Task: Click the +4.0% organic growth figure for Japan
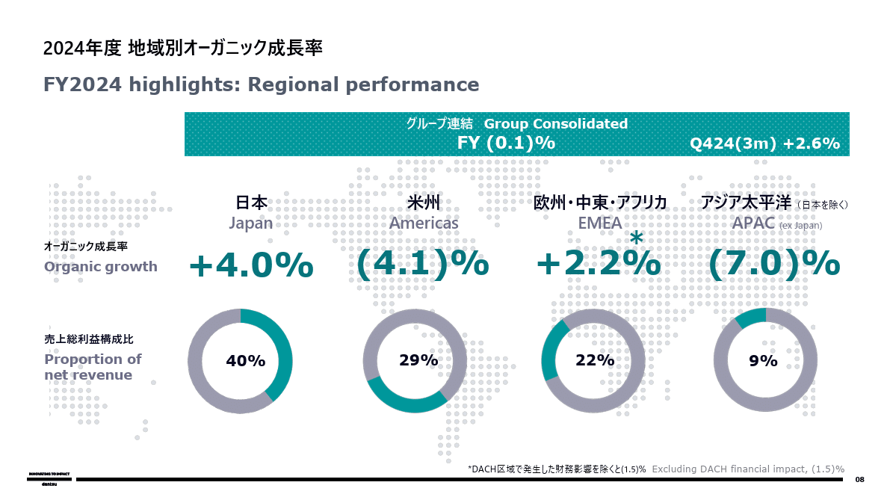[250, 265]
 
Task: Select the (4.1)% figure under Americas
[422, 265]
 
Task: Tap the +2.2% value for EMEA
[599, 265]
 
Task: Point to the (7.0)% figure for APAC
[774, 265]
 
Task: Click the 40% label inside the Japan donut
[245, 361]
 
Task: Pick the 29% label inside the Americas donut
[418, 361]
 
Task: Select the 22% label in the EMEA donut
[595, 361]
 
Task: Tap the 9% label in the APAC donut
[763, 361]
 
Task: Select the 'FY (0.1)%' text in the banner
[506, 143]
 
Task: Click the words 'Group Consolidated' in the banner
[556, 123]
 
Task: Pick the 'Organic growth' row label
[101, 267]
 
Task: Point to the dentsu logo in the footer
[50, 479]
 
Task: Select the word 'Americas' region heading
[424, 223]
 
